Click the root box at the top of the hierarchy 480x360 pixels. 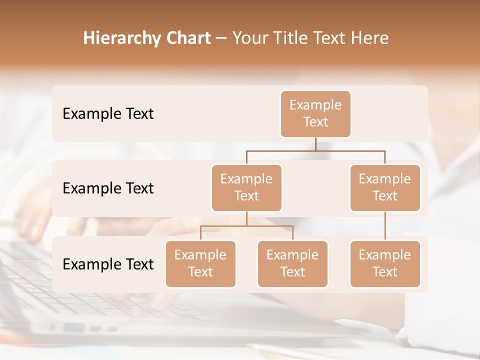[x=315, y=114]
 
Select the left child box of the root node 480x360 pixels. [x=246, y=188]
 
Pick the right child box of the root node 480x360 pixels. [x=385, y=188]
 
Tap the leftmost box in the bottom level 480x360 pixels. [x=200, y=264]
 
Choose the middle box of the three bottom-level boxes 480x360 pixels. [x=292, y=264]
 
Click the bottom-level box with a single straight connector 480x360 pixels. [x=385, y=264]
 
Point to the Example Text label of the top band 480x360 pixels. [x=108, y=114]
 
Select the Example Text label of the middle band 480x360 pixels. [x=108, y=188]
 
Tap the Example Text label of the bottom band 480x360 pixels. [x=108, y=264]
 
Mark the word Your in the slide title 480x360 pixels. [x=250, y=38]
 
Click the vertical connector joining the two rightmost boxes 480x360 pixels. [x=385, y=226]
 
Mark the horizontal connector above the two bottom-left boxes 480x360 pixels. [x=246, y=226]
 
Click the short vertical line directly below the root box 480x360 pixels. [x=315, y=144]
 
